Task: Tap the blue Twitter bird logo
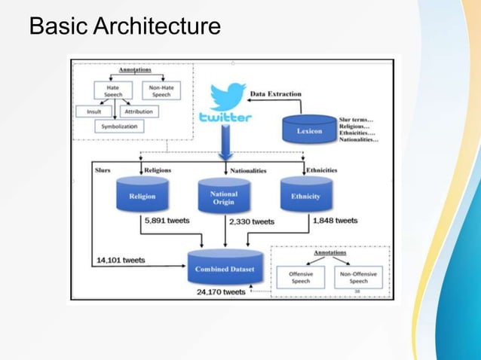pos(227,97)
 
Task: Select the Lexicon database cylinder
pos(308,129)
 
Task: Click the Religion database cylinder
pos(142,195)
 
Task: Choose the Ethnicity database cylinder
pos(305,195)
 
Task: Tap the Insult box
pos(93,111)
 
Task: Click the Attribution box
pos(138,111)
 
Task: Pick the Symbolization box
pos(120,127)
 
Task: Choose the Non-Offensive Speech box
pos(358,277)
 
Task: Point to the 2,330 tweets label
pos(252,221)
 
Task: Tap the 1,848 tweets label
pos(335,221)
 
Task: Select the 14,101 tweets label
pos(121,261)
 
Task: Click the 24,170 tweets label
pos(221,292)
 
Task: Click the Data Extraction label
pos(275,94)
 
